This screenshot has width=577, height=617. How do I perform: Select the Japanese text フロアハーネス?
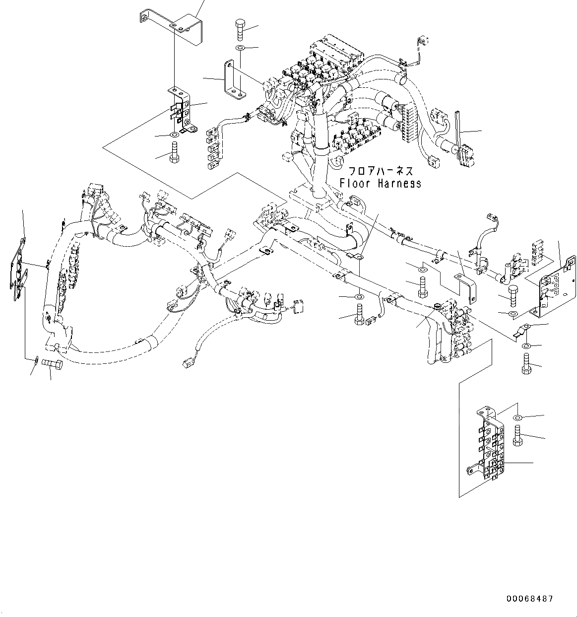(380, 171)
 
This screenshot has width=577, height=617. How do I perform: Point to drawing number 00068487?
(529, 599)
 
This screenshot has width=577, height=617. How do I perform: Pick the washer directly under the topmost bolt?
(239, 48)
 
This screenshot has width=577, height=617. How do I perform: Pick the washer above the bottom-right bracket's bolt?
(517, 416)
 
